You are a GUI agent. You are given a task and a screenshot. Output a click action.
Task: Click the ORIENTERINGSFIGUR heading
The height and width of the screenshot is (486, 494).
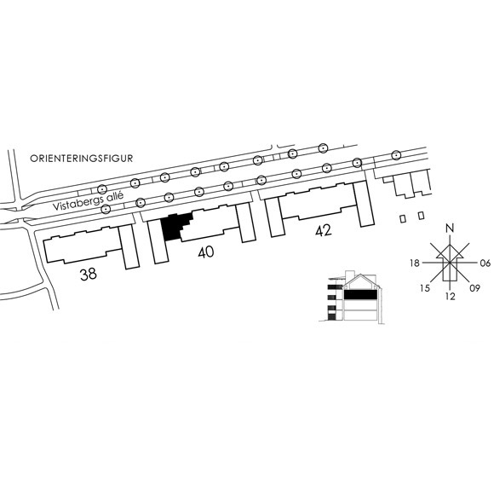(81, 159)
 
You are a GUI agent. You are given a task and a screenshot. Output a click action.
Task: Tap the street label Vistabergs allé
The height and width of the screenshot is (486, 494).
(88, 201)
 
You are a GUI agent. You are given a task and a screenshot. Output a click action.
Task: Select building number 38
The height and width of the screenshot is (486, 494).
(89, 274)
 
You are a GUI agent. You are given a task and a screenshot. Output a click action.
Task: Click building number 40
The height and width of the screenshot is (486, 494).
(206, 252)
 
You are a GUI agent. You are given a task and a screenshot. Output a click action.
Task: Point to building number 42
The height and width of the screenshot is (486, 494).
(324, 230)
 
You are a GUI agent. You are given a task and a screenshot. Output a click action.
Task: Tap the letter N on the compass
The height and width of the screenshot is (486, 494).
(451, 228)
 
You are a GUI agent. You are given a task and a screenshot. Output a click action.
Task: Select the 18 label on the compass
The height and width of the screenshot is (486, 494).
(415, 263)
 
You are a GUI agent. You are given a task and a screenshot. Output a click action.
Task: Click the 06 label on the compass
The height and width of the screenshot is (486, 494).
(485, 263)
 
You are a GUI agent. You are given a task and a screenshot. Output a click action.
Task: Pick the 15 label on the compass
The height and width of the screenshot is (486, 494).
(425, 288)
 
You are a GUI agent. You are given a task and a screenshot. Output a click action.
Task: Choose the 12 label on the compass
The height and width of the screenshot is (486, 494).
(451, 297)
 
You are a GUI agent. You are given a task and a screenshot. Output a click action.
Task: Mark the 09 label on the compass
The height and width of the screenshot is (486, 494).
(474, 288)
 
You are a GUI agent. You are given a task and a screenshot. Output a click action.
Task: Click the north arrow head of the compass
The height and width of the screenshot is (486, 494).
(450, 246)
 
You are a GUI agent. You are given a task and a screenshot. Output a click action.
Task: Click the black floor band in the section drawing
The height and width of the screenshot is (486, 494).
(360, 294)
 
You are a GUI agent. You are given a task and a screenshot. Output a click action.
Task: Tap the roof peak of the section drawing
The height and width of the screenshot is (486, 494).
(360, 275)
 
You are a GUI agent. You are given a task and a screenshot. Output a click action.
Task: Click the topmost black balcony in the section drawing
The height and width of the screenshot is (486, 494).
(332, 287)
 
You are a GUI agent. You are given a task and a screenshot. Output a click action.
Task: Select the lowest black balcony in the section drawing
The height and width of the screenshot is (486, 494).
(332, 317)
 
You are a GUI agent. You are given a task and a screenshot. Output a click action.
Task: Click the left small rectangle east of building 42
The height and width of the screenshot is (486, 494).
(403, 218)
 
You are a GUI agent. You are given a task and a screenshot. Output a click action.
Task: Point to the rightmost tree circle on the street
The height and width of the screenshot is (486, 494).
(396, 155)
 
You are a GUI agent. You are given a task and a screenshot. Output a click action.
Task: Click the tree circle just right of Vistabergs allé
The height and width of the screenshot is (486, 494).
(141, 202)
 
